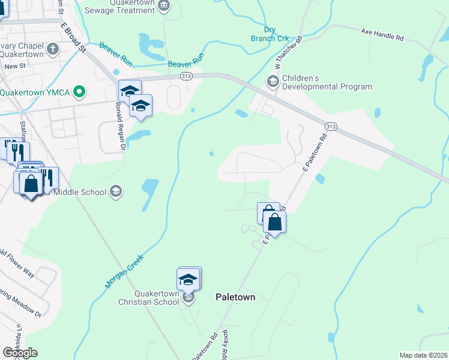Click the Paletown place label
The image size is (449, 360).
(x=235, y=297)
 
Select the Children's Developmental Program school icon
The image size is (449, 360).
(x=273, y=81)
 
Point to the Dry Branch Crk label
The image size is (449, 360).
(x=268, y=34)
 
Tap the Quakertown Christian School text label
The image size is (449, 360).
(x=148, y=298)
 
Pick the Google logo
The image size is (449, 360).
(x=20, y=353)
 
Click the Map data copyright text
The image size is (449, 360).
(x=424, y=355)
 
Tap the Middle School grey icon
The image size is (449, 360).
(x=116, y=191)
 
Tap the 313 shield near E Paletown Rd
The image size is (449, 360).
(x=330, y=127)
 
